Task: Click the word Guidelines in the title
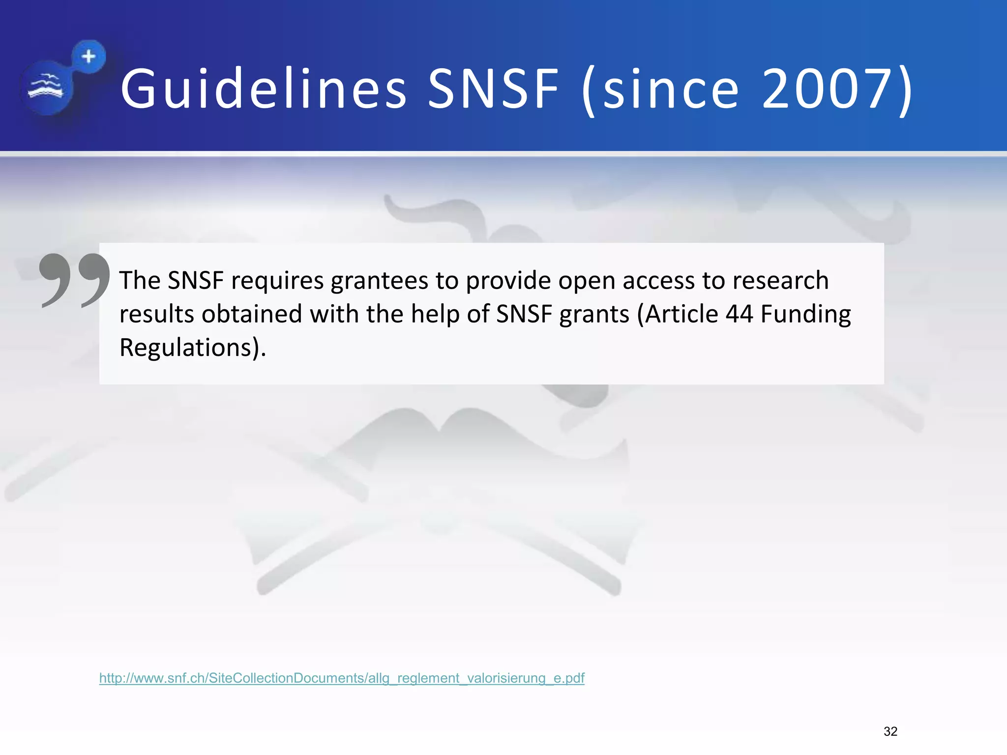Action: pos(264,89)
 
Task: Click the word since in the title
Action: pos(671,89)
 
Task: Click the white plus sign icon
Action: pos(89,57)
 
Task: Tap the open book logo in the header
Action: pos(46,87)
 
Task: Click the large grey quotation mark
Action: pos(74,280)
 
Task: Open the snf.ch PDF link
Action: pos(342,678)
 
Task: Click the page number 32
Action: pos(890,731)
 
